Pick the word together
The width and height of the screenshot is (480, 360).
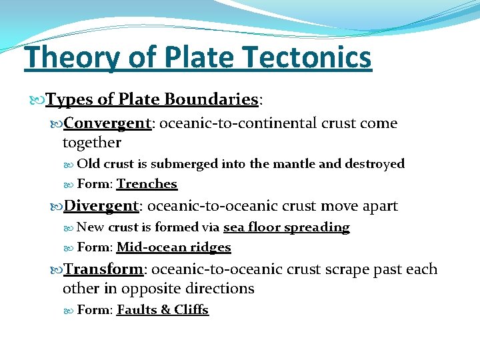point(92,142)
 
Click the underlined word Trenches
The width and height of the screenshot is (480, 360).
point(147,184)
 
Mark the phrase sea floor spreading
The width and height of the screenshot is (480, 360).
point(286,227)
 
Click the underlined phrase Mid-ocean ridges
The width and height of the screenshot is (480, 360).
point(173,247)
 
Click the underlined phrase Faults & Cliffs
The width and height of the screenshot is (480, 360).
point(162,310)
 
